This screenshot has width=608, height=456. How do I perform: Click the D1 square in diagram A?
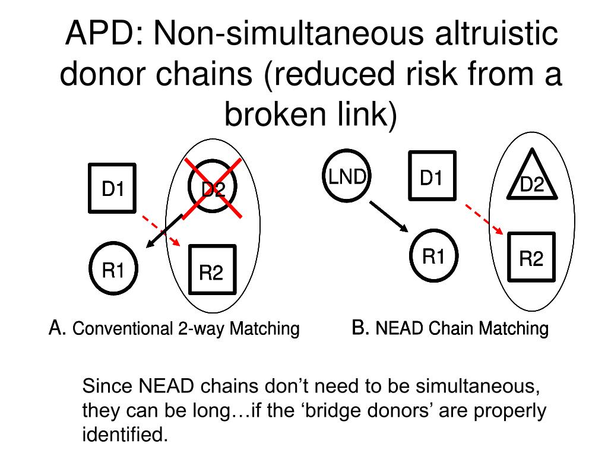tap(112, 188)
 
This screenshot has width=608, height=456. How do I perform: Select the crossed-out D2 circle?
tap(212, 188)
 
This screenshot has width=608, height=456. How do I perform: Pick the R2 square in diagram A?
tap(212, 270)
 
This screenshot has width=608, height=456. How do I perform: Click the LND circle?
tap(346, 176)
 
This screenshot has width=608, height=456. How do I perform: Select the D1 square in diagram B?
tap(432, 175)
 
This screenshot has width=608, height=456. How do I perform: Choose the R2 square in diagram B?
tap(531, 256)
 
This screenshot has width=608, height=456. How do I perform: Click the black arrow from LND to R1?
tap(389, 217)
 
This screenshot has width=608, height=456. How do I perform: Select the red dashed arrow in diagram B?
tap(484, 220)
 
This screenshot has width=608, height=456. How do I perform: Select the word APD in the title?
tap(101, 36)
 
